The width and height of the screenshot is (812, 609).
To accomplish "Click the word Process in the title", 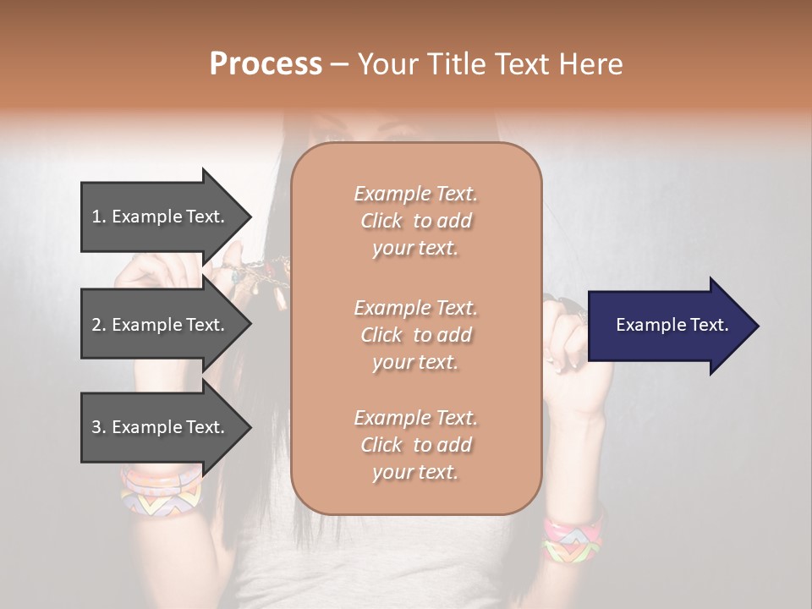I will coord(266,64).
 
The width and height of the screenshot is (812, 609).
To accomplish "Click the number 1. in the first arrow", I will coord(99,217).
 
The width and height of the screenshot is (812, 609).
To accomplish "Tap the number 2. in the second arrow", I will coord(99,325).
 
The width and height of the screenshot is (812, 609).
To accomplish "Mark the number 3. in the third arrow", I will coord(99,427).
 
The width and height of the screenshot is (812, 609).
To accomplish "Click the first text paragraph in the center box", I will coord(415,221).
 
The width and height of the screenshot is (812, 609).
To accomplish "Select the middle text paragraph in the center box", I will coord(415,335).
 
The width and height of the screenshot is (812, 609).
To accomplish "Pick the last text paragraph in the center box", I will coord(415,445).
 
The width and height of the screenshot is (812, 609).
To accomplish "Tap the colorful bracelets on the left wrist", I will coord(162,490).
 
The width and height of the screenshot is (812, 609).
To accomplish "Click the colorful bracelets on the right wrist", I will coord(573,535).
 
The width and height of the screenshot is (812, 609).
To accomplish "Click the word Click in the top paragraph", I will coord(381,221).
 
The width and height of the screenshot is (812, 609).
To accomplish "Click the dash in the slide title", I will coord(340,64).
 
